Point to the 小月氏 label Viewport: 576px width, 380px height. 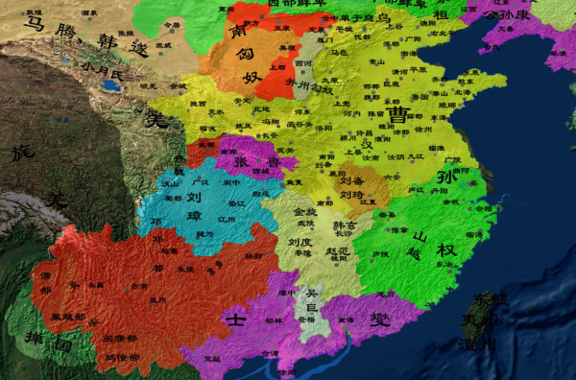click(104, 70)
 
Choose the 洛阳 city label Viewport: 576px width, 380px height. click(322, 127)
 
